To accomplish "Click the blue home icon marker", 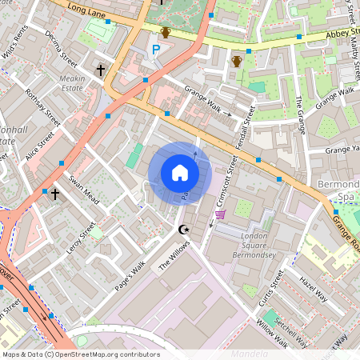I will coord(180,173).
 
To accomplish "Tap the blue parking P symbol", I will coord(156,50).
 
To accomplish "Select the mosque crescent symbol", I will coord(185,230).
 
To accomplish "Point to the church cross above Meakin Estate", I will coord(101,70).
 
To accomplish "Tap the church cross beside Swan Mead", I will coord(54,194).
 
